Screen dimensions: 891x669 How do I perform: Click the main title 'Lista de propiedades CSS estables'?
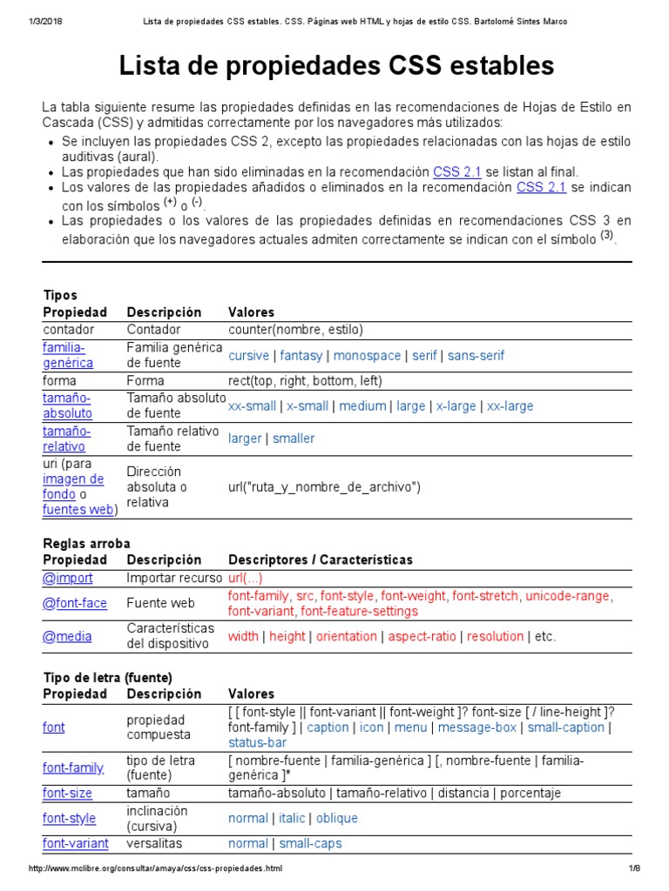pos(335,65)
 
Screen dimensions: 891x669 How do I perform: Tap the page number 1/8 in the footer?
pos(633,869)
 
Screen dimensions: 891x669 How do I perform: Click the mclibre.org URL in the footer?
pos(156,869)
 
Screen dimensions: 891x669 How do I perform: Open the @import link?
pos(67,578)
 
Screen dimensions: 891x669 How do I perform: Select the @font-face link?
pos(75,603)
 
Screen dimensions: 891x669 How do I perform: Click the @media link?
pos(67,636)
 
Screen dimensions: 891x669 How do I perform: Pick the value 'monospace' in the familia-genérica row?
pos(367,355)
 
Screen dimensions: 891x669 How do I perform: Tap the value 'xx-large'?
pos(510,405)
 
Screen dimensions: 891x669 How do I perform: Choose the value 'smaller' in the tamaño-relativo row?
pos(294,439)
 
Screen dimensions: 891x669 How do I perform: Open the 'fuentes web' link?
pos(78,510)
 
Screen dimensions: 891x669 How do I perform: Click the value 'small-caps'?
pos(310,843)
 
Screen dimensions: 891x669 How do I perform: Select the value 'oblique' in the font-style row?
pos(336,818)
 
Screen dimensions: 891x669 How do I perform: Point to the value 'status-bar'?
pos(257,742)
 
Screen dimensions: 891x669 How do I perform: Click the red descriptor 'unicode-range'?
pos(567,595)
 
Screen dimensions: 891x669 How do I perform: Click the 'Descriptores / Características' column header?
pos(320,559)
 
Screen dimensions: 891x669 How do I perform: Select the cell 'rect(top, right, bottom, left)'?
pos(305,380)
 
